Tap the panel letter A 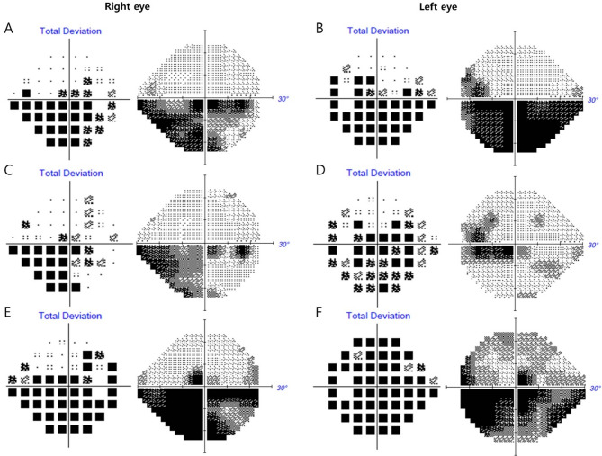click(9, 29)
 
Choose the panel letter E click(9, 315)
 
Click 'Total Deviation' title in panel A click(70, 31)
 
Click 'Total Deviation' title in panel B click(371, 31)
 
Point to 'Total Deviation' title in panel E click(70, 317)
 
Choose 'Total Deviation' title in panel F click(371, 317)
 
